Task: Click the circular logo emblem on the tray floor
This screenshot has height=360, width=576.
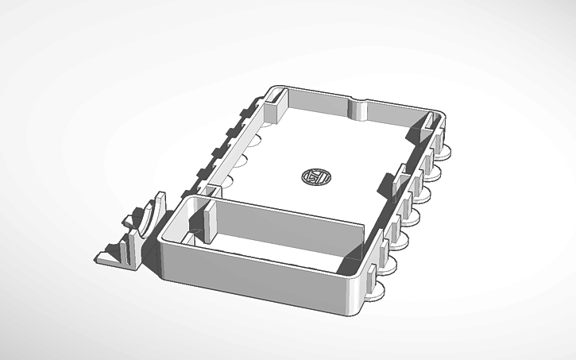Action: pos(316,176)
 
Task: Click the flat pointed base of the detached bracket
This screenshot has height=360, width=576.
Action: pos(111,256)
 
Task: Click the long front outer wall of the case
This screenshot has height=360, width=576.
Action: pos(254,275)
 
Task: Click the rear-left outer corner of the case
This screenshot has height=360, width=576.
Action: pos(274,87)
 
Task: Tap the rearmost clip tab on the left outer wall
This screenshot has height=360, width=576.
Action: pos(247,108)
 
